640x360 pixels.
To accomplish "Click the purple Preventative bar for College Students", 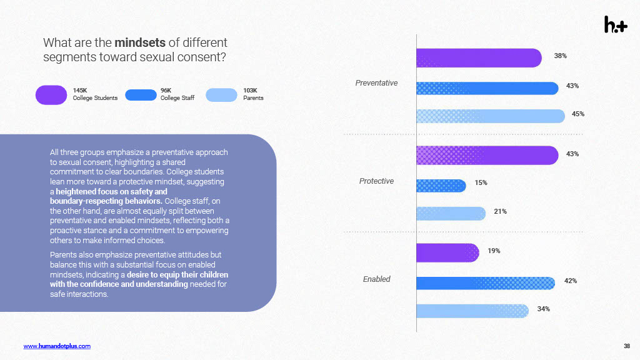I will tap(479, 58).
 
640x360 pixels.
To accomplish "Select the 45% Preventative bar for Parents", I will tap(491, 116).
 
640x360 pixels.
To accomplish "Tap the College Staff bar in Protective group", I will tap(441, 185).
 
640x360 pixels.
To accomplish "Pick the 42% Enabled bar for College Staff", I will tap(486, 283).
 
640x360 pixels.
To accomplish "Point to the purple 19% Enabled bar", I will tap(447, 252).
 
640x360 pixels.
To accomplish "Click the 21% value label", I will tap(500, 211).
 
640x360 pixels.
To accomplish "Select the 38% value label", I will tap(560, 56).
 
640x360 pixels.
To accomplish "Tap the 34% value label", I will tap(543, 309).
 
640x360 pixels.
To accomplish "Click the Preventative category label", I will tap(376, 82).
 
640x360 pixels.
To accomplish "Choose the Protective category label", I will tap(376, 181).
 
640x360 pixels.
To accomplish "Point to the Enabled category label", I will tap(376, 279).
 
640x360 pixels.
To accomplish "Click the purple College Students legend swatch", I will tap(51, 94).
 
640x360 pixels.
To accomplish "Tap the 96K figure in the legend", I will tap(166, 90).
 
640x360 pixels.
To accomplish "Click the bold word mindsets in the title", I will tap(140, 43).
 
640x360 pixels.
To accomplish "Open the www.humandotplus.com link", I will tap(57, 346).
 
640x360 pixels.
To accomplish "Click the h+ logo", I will tap(615, 24).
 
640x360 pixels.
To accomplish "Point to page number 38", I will tap(627, 346).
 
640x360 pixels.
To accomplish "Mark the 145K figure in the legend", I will tap(80, 90).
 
